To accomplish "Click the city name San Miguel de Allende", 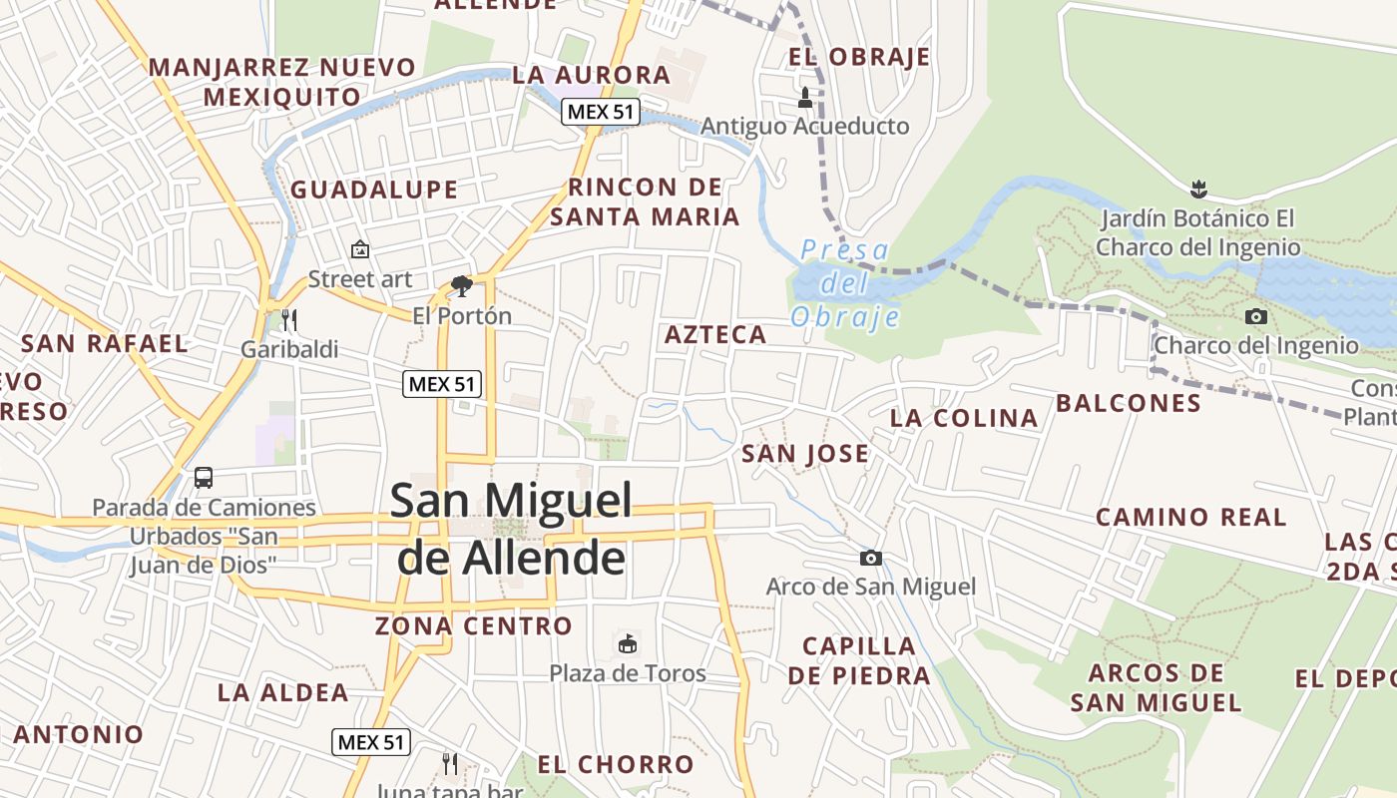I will tap(511, 529).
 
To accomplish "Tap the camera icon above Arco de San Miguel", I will tap(871, 558).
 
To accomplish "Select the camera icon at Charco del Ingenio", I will tap(1256, 317).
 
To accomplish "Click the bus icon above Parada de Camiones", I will tap(204, 478).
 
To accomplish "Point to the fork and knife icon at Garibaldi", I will tap(289, 320).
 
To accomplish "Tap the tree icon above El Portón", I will tap(461, 287).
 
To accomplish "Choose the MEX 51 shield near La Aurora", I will tap(601, 112).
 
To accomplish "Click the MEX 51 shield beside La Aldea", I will tap(371, 741).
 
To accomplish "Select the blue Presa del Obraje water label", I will tap(845, 283).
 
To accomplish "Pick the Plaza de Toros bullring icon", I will tap(628, 643).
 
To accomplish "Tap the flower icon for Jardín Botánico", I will tap(1197, 188).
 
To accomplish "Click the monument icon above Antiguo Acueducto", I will tap(805, 98).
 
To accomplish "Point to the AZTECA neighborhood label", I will tap(715, 335).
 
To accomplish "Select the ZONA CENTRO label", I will tap(474, 626).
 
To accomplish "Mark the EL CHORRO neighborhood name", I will tap(616, 765).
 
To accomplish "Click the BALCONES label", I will tap(1129, 403).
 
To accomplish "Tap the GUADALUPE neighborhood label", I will tap(374, 190).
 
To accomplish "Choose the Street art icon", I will tap(359, 249).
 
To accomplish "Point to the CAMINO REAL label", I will tap(1191, 517).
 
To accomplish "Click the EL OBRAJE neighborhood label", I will tap(859, 57).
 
